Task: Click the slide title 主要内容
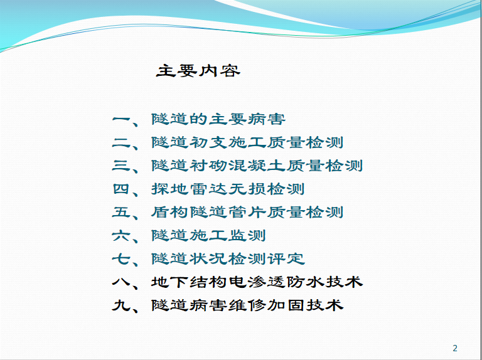tap(198, 71)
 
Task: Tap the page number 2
tap(455, 348)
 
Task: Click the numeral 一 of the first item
tap(122, 119)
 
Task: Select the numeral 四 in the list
tap(121, 189)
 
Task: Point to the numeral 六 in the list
tap(122, 236)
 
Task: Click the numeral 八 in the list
tap(122, 282)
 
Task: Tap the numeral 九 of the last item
tap(121, 305)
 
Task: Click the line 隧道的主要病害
tap(218, 119)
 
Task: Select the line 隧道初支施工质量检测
tap(247, 142)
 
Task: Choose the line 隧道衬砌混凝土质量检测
tap(257, 166)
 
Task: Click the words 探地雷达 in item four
tap(190, 189)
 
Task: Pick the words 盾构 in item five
tap(170, 212)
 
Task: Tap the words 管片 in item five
tap(247, 212)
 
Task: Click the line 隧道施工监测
tap(208, 236)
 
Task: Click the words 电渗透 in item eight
tap(257, 282)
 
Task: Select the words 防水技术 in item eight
tap(324, 282)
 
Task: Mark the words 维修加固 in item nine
tap(267, 305)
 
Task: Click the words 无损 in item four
tap(247, 189)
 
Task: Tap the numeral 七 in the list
tap(122, 259)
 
